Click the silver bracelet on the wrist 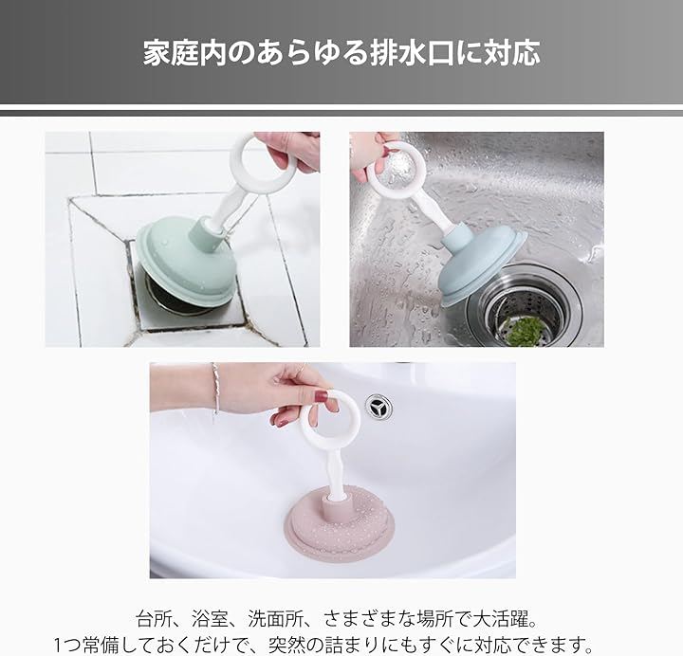tap(215, 390)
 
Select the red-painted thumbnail tap(321, 396)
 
